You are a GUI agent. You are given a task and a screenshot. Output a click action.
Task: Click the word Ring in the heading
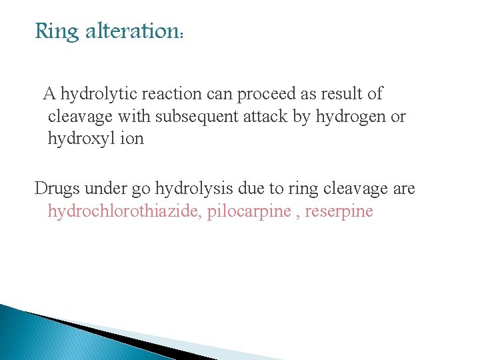pos(57,31)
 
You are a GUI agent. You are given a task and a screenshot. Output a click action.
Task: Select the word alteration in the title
pos(133,31)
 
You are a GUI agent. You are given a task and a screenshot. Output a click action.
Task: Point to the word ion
pos(130,139)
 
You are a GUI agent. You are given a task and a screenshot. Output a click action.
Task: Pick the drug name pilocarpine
pos(248,213)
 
